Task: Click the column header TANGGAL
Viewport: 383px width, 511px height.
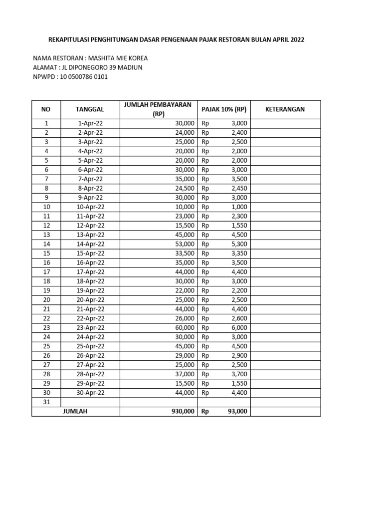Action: [90, 109]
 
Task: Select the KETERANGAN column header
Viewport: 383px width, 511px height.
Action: [285, 109]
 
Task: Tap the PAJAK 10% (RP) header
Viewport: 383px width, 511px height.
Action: [224, 109]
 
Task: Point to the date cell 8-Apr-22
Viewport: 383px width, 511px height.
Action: [90, 188]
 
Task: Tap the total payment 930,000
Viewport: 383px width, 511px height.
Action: [181, 411]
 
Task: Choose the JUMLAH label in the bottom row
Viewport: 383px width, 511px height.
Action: [75, 411]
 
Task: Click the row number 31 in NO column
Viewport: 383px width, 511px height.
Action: [46, 402]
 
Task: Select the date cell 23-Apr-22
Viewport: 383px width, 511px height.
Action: [90, 327]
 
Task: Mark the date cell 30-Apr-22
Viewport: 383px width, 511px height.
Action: [90, 393]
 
